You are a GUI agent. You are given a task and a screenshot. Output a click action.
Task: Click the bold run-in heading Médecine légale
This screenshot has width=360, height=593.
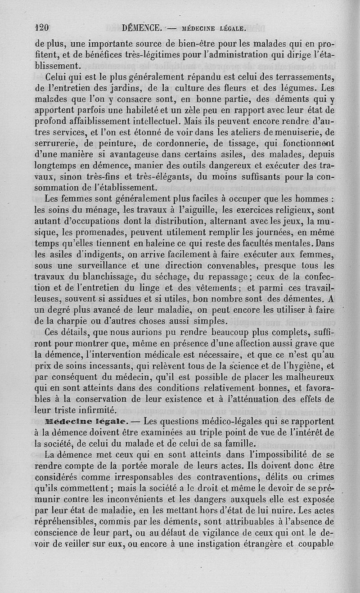[87, 422]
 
